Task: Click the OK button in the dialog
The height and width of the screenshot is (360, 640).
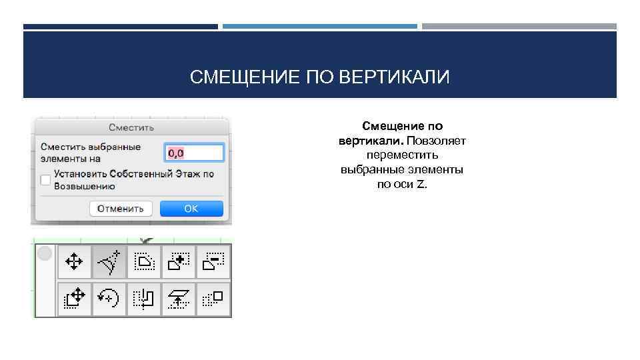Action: pyautogui.click(x=191, y=209)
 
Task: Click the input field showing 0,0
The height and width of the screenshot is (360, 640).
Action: pyautogui.click(x=193, y=153)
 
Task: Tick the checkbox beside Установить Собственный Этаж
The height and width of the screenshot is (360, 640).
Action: pyautogui.click(x=45, y=180)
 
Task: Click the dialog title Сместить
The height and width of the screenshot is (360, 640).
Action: pyautogui.click(x=132, y=127)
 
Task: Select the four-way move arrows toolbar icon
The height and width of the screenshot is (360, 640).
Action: pyautogui.click(x=74, y=262)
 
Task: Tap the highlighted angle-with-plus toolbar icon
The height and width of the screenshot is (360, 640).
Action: pyautogui.click(x=109, y=262)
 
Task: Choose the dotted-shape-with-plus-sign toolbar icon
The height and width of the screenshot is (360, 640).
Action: pyautogui.click(x=179, y=262)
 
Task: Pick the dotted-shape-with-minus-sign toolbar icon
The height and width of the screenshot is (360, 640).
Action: pyautogui.click(x=213, y=262)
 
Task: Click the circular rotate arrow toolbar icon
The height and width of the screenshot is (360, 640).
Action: pyautogui.click(x=109, y=297)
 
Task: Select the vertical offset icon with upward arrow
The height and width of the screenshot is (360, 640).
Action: pyautogui.click(x=179, y=297)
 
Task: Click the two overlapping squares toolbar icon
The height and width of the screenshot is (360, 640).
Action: pyautogui.click(x=213, y=297)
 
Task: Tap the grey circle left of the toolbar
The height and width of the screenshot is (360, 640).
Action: pyautogui.click(x=45, y=253)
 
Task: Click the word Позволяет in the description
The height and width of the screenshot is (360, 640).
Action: pyautogui.click(x=437, y=141)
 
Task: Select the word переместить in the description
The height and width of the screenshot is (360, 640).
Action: pyautogui.click(x=402, y=155)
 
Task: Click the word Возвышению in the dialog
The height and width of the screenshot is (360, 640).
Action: pyautogui.click(x=81, y=187)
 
